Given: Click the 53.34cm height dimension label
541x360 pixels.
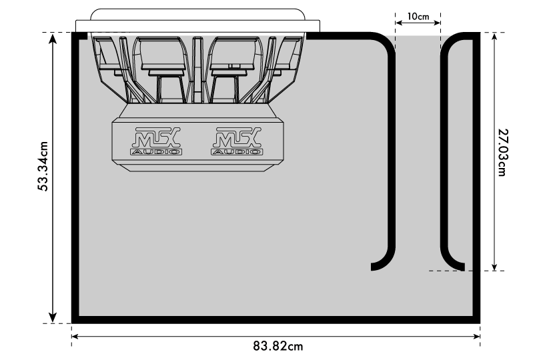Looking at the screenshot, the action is click(x=43, y=166).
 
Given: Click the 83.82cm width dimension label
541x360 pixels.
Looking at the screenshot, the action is click(x=278, y=346).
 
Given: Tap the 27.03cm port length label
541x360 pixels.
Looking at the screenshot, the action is click(x=504, y=153).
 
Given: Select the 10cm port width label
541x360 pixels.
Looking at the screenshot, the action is click(x=418, y=16).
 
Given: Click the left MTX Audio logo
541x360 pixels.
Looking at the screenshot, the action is click(x=156, y=141).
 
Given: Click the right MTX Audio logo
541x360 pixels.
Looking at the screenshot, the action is click(x=237, y=141).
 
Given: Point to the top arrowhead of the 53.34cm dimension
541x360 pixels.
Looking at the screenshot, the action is click(x=53, y=39).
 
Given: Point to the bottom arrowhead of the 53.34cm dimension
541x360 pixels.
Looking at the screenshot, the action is click(x=53, y=317).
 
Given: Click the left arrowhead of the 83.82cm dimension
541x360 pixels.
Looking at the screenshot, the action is click(x=76, y=337).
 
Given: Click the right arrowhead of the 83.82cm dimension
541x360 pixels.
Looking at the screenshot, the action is click(x=476, y=337).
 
